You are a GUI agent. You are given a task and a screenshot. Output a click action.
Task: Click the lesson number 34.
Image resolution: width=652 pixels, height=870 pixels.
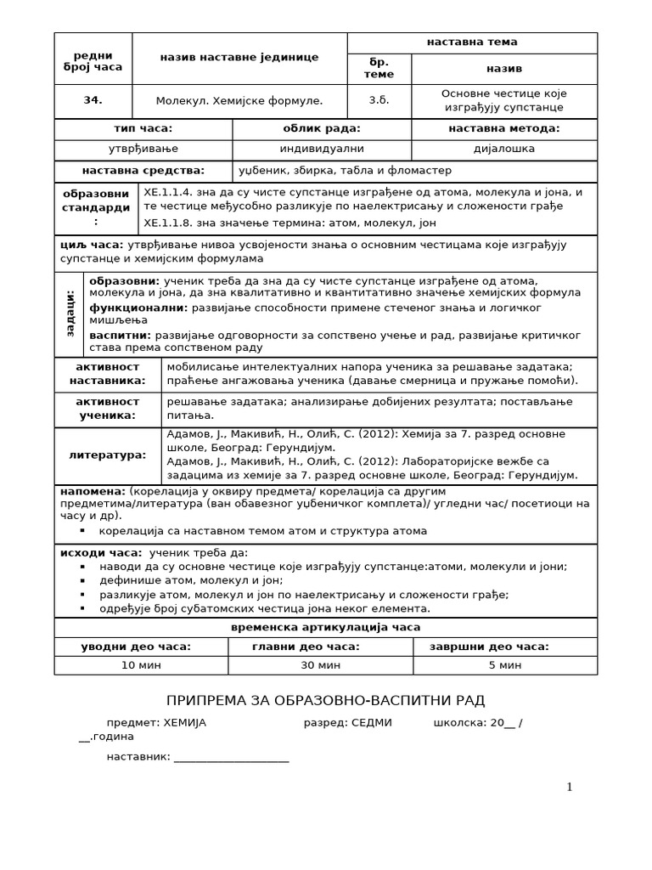coord(93,100)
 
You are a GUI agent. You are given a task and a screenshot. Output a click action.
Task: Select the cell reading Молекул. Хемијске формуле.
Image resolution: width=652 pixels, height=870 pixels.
coord(239,100)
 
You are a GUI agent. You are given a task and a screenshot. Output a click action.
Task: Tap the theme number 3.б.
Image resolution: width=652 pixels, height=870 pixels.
coord(379,100)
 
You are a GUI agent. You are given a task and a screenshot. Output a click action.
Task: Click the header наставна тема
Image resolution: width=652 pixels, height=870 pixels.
coord(472,42)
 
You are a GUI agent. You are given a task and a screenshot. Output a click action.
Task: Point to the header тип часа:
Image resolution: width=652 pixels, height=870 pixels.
coord(143,128)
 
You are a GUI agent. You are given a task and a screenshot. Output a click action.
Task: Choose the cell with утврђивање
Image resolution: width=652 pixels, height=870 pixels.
coord(143,150)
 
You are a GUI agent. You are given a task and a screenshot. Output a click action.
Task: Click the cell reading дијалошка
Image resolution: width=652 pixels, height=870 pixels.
coord(503,150)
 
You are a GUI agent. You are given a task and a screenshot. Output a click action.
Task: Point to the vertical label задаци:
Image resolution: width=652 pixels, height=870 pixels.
coord(70,313)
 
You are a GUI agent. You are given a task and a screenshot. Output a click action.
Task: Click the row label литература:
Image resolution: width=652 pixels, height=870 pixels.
coord(107,455)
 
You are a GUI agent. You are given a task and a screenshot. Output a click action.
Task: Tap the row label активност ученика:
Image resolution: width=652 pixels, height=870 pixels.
coord(107,409)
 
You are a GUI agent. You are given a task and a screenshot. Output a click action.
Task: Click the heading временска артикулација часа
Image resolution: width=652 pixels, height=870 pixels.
coord(325,627)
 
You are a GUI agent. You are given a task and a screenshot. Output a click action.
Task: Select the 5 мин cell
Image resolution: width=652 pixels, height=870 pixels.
coord(504,665)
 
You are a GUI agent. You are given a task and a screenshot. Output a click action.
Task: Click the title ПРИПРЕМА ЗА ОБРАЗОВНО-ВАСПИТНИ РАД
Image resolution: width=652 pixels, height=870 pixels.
coord(325,700)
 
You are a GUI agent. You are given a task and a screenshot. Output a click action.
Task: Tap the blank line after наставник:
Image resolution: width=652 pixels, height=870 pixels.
coord(231,757)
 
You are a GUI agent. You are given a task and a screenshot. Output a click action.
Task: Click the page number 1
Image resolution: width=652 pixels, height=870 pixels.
coord(570,788)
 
